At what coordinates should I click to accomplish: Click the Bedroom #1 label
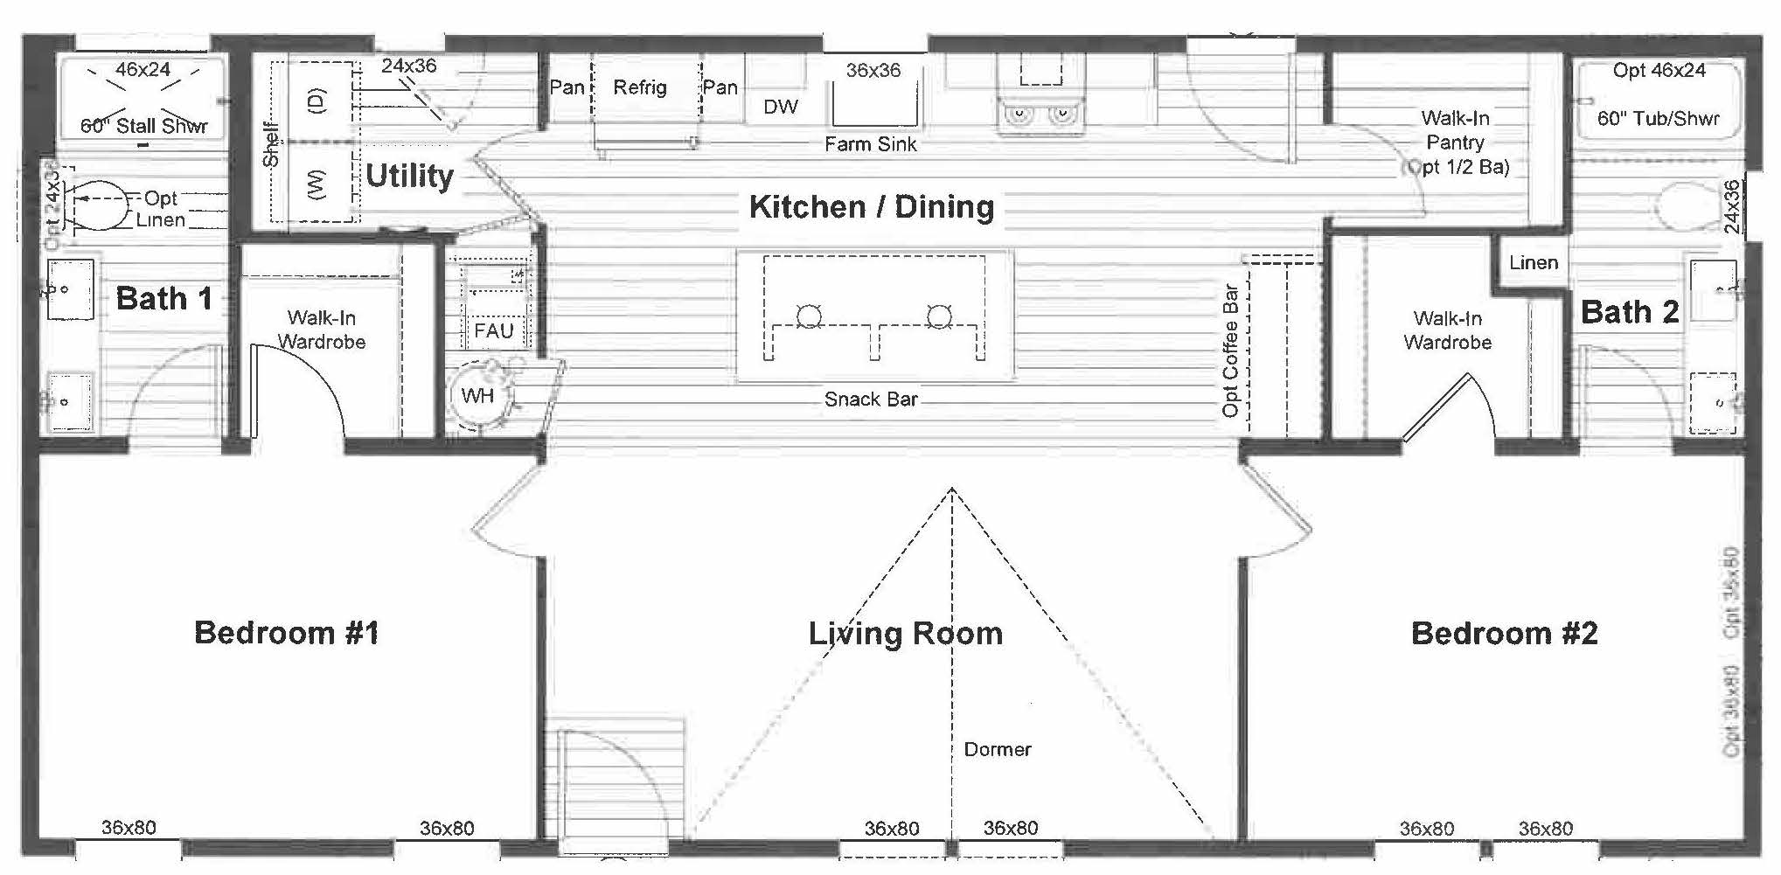point(287,633)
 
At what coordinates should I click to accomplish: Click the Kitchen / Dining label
point(872,207)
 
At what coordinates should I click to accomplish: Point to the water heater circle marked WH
point(477,396)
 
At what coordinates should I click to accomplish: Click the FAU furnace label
point(493,331)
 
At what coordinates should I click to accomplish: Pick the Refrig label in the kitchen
point(639,87)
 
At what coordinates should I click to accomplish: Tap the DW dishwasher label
point(780,108)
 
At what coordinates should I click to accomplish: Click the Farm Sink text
point(871,144)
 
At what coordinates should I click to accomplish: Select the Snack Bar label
point(871,399)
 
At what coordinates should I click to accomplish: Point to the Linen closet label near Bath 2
point(1534,263)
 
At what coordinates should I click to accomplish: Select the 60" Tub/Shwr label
point(1658,119)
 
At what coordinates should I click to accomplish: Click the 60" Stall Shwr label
point(144,126)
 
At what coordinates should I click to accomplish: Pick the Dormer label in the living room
point(997,749)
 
